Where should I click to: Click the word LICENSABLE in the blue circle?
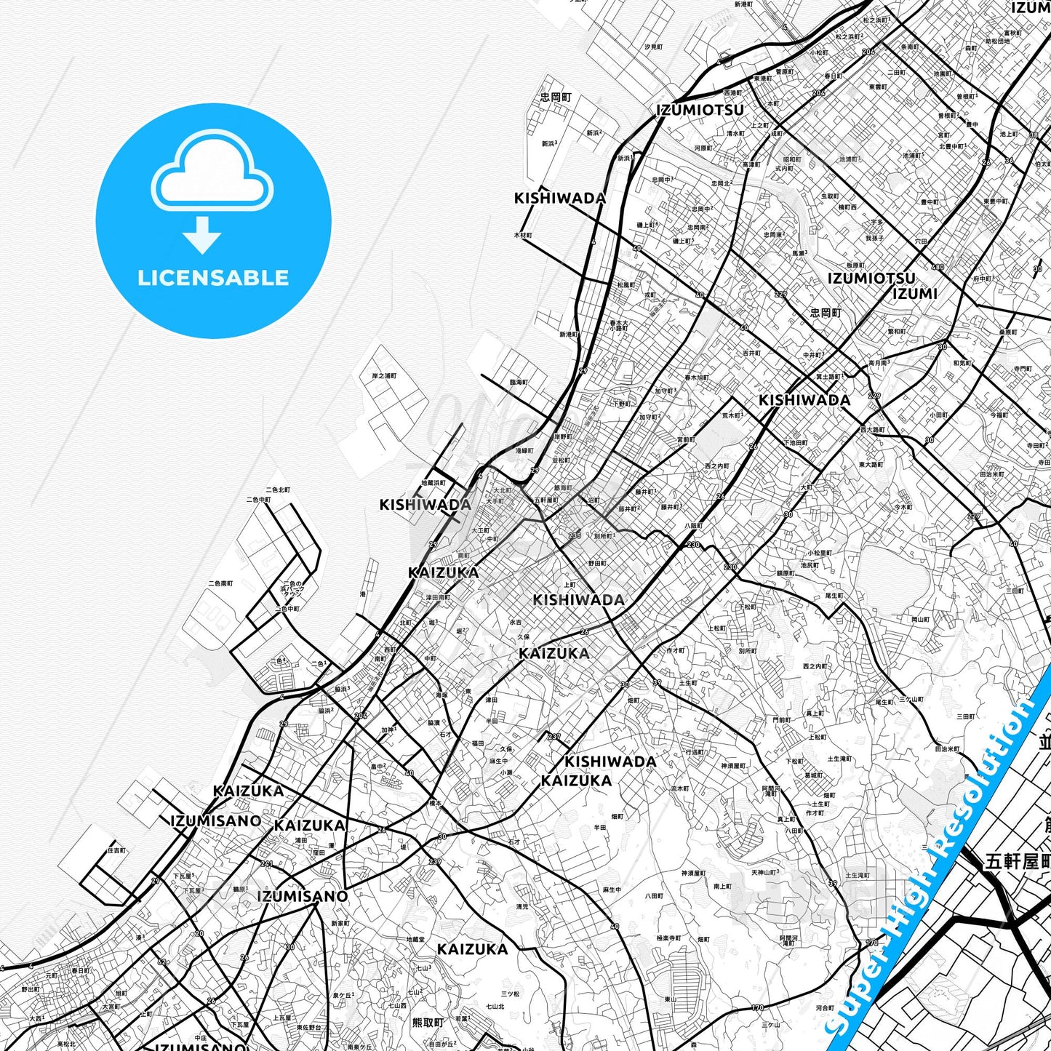(213, 278)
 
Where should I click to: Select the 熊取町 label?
(428, 1022)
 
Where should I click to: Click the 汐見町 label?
(653, 47)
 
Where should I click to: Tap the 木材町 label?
(523, 235)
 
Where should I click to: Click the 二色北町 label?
(278, 490)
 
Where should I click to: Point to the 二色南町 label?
(220, 583)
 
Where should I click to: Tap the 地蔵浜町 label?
(433, 482)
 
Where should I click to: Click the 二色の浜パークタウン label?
(292, 588)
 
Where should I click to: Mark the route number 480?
(938, 267)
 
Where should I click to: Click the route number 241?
(267, 864)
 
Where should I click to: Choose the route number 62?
(161, 962)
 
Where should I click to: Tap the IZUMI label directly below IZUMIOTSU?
(914, 294)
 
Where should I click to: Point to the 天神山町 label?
(765, 872)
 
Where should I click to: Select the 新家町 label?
(340, 923)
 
